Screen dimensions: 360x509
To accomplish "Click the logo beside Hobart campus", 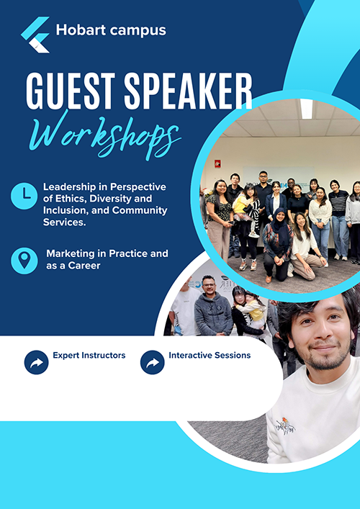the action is click(x=35, y=35).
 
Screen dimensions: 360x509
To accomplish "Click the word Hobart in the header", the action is click(x=81, y=30).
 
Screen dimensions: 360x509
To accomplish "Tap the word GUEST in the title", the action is click(x=71, y=91).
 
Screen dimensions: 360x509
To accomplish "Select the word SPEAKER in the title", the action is click(x=188, y=91).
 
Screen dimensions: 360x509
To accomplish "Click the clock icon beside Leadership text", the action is click(x=24, y=196).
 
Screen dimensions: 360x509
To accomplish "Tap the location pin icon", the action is click(x=24, y=261).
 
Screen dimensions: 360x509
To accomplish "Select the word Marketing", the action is click(x=72, y=253).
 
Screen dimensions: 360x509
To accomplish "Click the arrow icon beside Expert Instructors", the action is click(x=36, y=362).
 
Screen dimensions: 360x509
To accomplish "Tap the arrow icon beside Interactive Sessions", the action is click(x=152, y=362).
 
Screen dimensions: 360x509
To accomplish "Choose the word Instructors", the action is click(x=103, y=355).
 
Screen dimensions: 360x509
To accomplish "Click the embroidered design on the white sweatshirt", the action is click(x=285, y=425).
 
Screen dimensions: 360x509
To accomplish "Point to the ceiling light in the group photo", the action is click(x=307, y=109).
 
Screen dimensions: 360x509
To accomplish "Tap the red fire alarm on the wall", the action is click(x=217, y=164).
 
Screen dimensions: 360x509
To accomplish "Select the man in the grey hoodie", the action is click(x=213, y=307).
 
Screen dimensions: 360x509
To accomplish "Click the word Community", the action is click(x=140, y=210).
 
